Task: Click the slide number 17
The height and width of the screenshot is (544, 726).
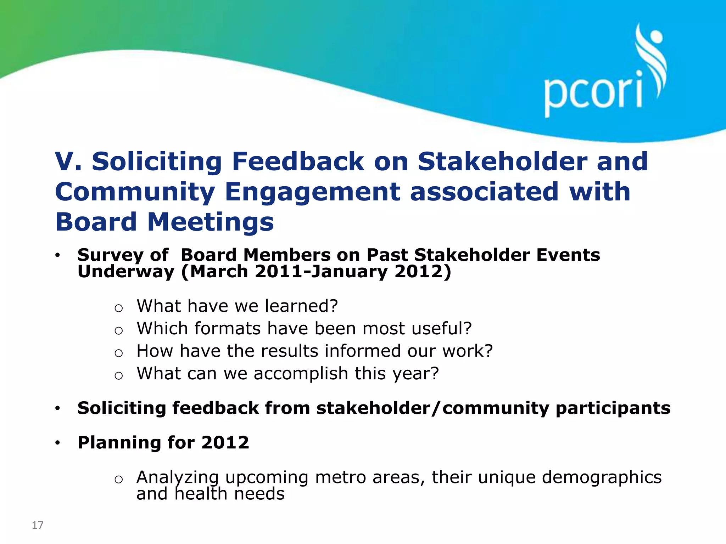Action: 38,525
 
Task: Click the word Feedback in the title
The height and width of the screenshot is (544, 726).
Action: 298,161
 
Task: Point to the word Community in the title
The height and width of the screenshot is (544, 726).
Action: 135,192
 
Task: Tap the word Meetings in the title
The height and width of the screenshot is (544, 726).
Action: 211,222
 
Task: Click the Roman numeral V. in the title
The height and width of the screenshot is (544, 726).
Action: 68,161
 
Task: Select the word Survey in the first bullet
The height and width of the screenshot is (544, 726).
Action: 110,255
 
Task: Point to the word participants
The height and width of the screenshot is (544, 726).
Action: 613,409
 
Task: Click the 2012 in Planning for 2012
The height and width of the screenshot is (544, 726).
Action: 225,443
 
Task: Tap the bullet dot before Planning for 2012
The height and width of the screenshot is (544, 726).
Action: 58,443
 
